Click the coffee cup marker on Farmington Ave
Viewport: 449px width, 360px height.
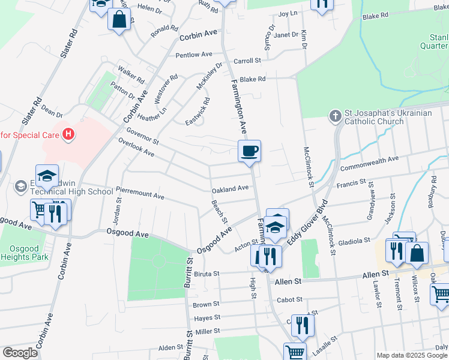(249, 151)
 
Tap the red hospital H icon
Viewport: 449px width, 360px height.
(69, 134)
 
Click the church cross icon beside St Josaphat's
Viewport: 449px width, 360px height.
(335, 114)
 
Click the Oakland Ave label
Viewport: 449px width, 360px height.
(230, 188)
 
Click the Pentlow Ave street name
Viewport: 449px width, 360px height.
(195, 55)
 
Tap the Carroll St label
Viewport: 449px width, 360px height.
(247, 61)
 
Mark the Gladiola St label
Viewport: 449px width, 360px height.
(354, 241)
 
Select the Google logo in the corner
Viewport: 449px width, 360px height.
(20, 352)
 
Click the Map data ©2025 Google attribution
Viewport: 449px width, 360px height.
(412, 355)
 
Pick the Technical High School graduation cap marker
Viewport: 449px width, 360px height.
(47, 176)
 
